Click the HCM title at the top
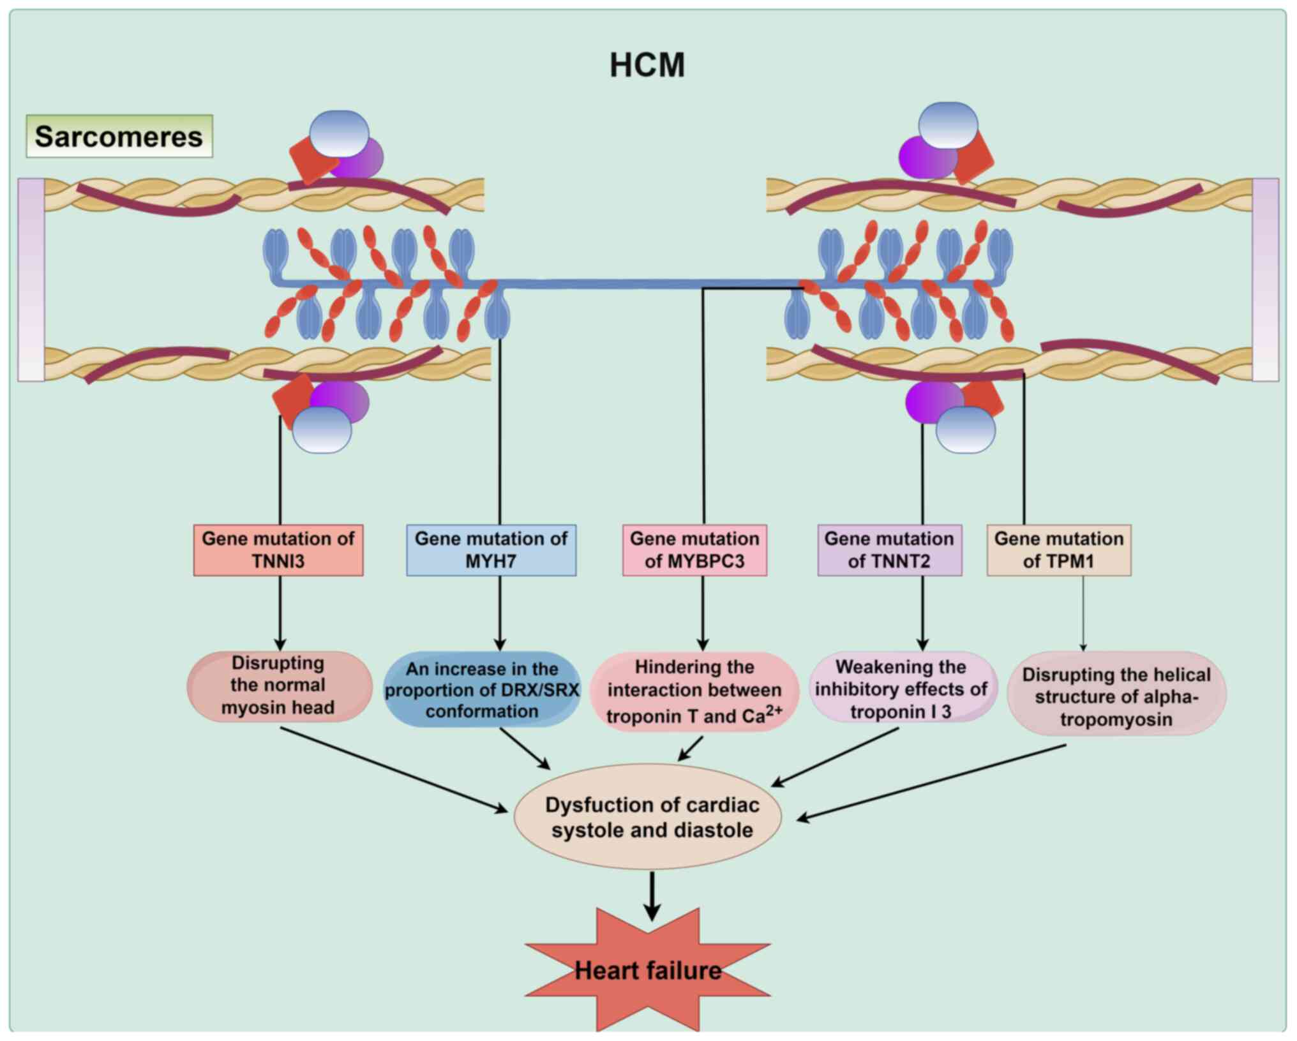647,65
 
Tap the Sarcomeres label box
119,137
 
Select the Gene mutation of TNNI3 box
278,550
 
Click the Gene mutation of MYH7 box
491,550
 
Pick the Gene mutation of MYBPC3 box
694,550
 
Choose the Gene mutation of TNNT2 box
889,550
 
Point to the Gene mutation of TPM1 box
1058,550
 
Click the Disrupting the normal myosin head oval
279,686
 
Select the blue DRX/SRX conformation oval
482,690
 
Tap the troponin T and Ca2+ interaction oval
694,692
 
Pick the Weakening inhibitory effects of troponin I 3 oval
901,689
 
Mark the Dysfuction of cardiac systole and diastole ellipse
648,817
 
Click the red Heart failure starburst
648,971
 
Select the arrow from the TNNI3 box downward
280,613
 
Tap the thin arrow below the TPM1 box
1083,613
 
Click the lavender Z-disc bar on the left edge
31,280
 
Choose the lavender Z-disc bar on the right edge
1265,280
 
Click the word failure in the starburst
684,971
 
